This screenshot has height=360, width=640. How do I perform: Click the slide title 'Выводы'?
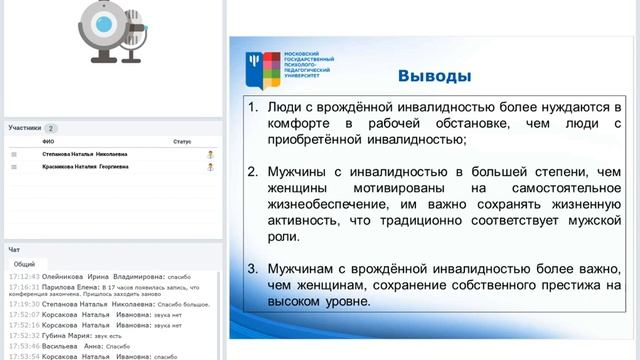pos(435,76)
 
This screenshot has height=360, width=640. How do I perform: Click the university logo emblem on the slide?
pos(257,67)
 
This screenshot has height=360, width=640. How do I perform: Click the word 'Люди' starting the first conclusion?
pos(284,105)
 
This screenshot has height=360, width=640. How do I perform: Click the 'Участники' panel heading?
pos(25,128)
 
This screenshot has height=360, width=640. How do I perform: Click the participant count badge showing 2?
pos(51,128)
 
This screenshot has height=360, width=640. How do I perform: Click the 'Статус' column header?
pos(181,142)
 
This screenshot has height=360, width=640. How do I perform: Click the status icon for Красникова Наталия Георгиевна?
pos(210,167)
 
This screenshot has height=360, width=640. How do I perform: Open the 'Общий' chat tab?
pos(24,264)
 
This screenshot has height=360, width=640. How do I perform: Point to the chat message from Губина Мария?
pos(90,337)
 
